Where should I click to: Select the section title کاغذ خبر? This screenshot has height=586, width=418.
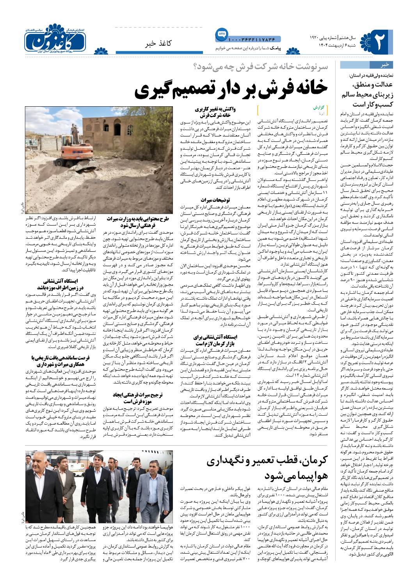[x=159, y=43]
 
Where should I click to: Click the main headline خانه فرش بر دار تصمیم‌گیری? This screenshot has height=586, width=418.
[x=231, y=90]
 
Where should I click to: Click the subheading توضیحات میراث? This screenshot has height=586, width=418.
[x=212, y=200]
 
